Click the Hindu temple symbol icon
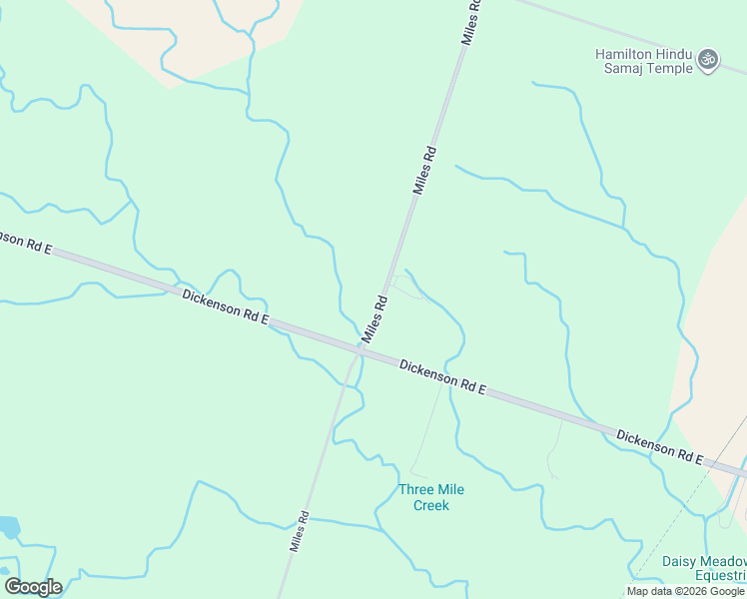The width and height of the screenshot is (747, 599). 708,60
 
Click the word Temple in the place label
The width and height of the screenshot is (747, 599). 670,68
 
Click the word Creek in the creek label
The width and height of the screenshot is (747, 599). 431,505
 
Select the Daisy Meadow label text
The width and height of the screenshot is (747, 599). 704,561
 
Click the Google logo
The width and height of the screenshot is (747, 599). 33,586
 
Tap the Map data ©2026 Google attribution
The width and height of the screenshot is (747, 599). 685,591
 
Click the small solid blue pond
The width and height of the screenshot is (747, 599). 8,527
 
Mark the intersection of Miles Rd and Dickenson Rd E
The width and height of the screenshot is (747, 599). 360,349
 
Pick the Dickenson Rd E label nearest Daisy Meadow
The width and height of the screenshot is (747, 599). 660,448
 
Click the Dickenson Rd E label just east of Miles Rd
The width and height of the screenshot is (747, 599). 442,377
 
